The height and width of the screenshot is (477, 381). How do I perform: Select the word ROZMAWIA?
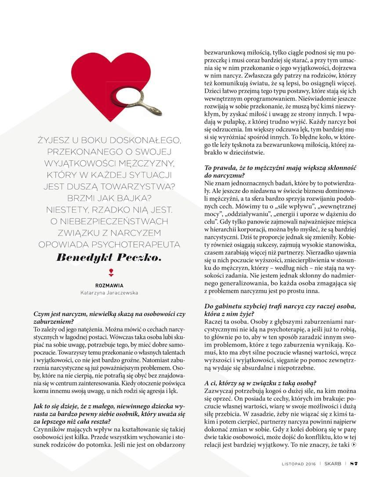coord(109,285)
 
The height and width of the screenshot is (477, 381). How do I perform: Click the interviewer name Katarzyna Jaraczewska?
coord(109,292)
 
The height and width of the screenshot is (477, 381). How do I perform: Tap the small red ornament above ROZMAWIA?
coord(109,272)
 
